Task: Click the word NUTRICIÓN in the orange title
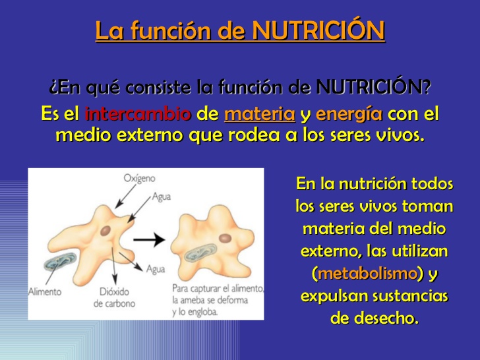coord(318,30)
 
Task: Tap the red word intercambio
coord(138,114)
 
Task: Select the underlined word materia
coord(260,114)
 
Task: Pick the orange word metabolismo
coord(368,274)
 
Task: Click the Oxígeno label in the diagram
coord(139,178)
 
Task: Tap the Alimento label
coord(45,291)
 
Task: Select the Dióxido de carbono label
coord(114,297)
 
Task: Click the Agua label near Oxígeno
coord(162,196)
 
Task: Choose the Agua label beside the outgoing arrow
coord(156,269)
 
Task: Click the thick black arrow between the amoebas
coord(149,239)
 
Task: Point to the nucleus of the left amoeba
coord(105,231)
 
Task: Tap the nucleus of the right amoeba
coord(225,238)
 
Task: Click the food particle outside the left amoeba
coord(60,261)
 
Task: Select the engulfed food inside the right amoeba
coord(201,253)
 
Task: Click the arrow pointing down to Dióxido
coord(113,266)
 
